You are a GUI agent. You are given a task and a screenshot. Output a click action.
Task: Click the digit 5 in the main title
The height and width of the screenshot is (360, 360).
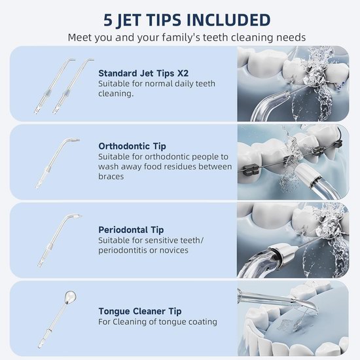click(108, 20)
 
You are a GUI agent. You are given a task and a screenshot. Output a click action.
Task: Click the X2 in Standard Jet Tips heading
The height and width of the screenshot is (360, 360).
click(183, 73)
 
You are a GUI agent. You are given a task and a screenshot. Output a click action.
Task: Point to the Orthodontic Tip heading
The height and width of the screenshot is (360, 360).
click(132, 146)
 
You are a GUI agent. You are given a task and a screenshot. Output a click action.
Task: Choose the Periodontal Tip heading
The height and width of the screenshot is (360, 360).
click(131, 230)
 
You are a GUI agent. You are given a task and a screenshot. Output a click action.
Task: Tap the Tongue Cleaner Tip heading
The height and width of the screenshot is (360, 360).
click(140, 312)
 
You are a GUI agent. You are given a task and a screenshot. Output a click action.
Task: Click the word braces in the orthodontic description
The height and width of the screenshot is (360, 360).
click(111, 176)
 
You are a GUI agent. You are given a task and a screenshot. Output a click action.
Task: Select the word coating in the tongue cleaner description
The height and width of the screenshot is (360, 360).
click(203, 321)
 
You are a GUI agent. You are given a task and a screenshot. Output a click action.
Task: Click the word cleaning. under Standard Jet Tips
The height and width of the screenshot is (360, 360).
click(116, 94)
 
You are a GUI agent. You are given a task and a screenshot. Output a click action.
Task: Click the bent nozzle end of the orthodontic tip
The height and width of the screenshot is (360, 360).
click(73, 139)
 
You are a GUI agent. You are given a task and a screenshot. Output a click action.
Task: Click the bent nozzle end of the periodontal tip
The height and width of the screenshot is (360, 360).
click(76, 217)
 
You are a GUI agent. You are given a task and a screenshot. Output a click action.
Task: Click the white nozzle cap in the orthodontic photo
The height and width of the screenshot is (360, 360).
click(306, 175)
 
